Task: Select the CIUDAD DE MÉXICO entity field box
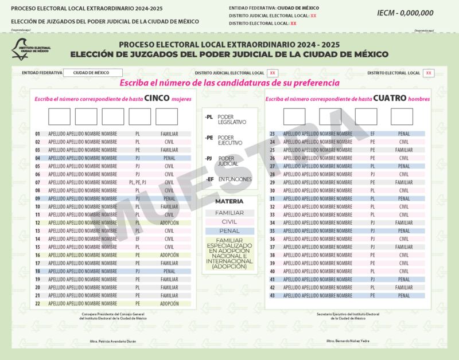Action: pos(94,73)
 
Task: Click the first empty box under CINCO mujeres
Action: pos(59,116)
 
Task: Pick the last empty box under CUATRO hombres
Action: pos(402,116)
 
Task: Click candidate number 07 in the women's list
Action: pos(37,182)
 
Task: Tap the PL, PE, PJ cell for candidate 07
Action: pos(138,182)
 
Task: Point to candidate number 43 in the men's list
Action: pos(273,295)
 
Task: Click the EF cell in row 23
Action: pos(372,134)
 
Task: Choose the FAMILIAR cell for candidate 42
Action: pos(404,287)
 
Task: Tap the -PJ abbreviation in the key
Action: pos(209,158)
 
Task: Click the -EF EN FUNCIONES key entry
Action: pos(228,179)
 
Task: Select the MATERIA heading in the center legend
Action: pos(229,202)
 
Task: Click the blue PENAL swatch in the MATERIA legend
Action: pos(229,230)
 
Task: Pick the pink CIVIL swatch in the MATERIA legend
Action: pos(229,221)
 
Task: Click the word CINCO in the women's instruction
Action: pos(157,98)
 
